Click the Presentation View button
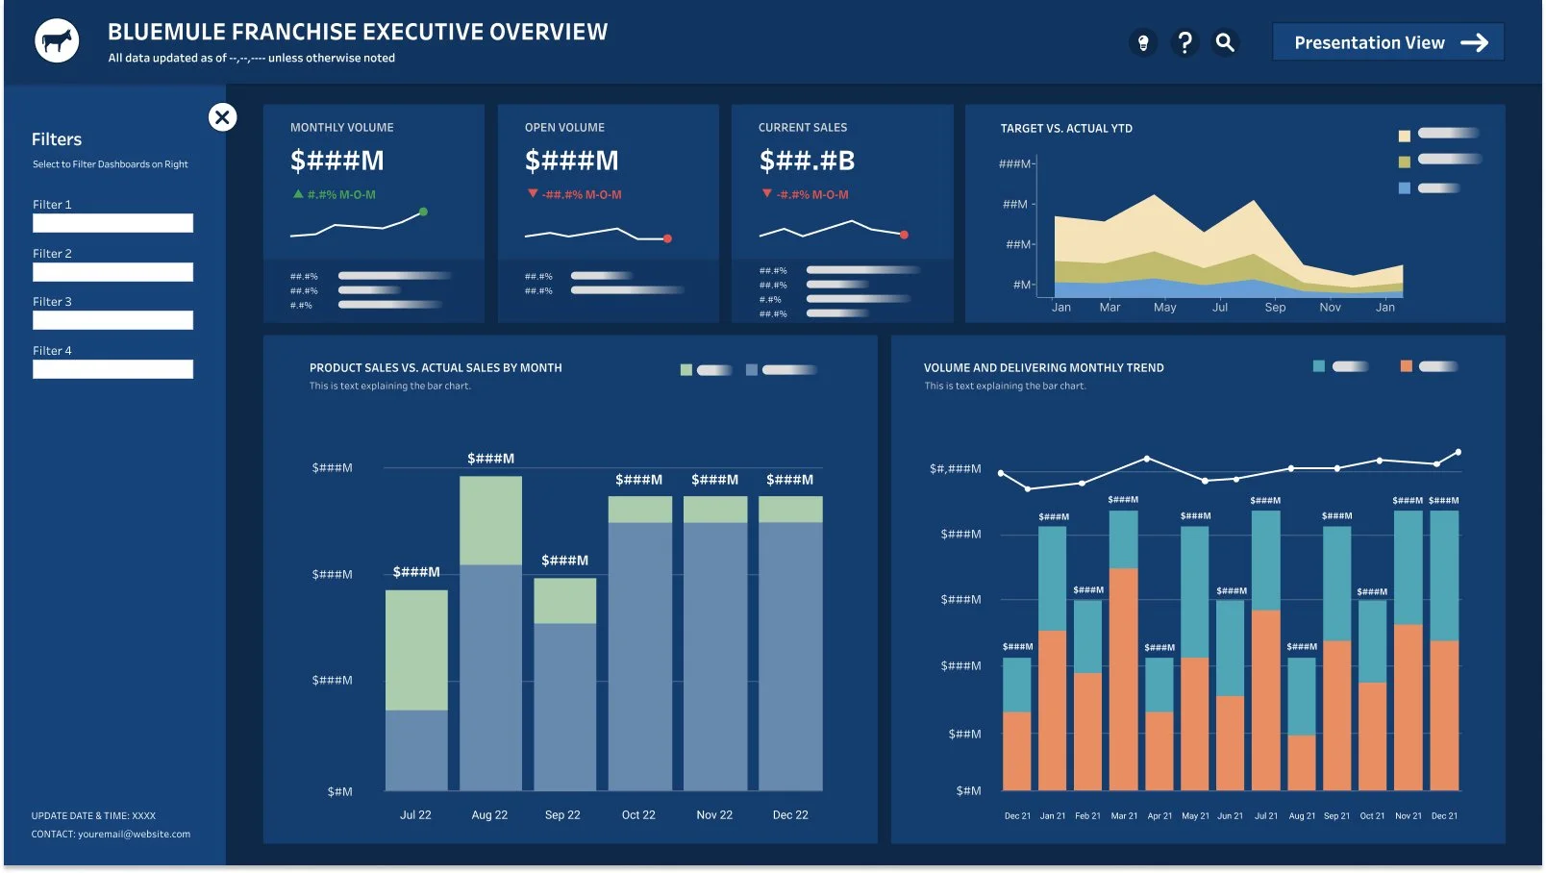(1387, 42)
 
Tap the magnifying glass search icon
(1225, 42)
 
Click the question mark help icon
(1184, 42)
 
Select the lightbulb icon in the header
(1143, 43)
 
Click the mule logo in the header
(57, 41)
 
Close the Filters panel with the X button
(222, 117)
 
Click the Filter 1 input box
(112, 223)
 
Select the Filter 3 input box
(112, 320)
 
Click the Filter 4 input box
(112, 369)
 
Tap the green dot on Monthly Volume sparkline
(423, 212)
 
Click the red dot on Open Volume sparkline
(667, 238)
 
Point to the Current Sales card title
(803, 128)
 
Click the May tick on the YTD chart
(1164, 308)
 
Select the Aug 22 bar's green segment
(490, 519)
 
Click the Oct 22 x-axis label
(638, 815)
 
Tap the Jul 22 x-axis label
(415, 815)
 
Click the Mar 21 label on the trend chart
(1124, 816)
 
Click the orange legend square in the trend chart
(1407, 366)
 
